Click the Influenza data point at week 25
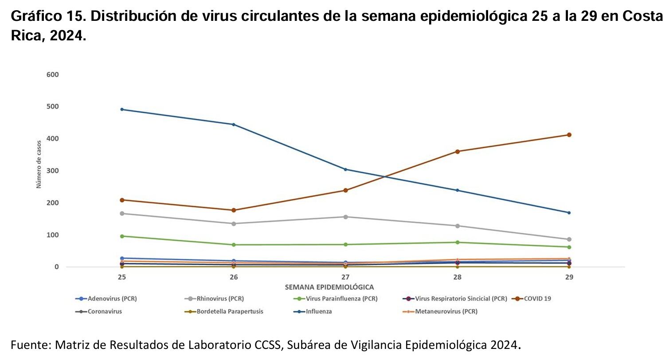click(x=122, y=110)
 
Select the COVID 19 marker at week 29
click(x=569, y=135)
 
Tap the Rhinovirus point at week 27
click(x=345, y=217)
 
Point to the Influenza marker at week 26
click(x=234, y=125)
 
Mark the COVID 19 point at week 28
click(x=458, y=152)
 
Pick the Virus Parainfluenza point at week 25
click(x=122, y=236)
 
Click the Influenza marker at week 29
click(x=569, y=213)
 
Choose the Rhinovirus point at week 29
click(x=569, y=239)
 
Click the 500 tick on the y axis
click(x=52, y=107)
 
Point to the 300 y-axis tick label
click(x=52, y=171)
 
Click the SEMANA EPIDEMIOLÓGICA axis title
click(x=329, y=287)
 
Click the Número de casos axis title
click(x=39, y=164)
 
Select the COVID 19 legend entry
click(x=537, y=299)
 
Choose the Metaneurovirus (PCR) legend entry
click(x=446, y=312)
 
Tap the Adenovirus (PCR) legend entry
click(x=112, y=299)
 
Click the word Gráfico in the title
click(x=35, y=17)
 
